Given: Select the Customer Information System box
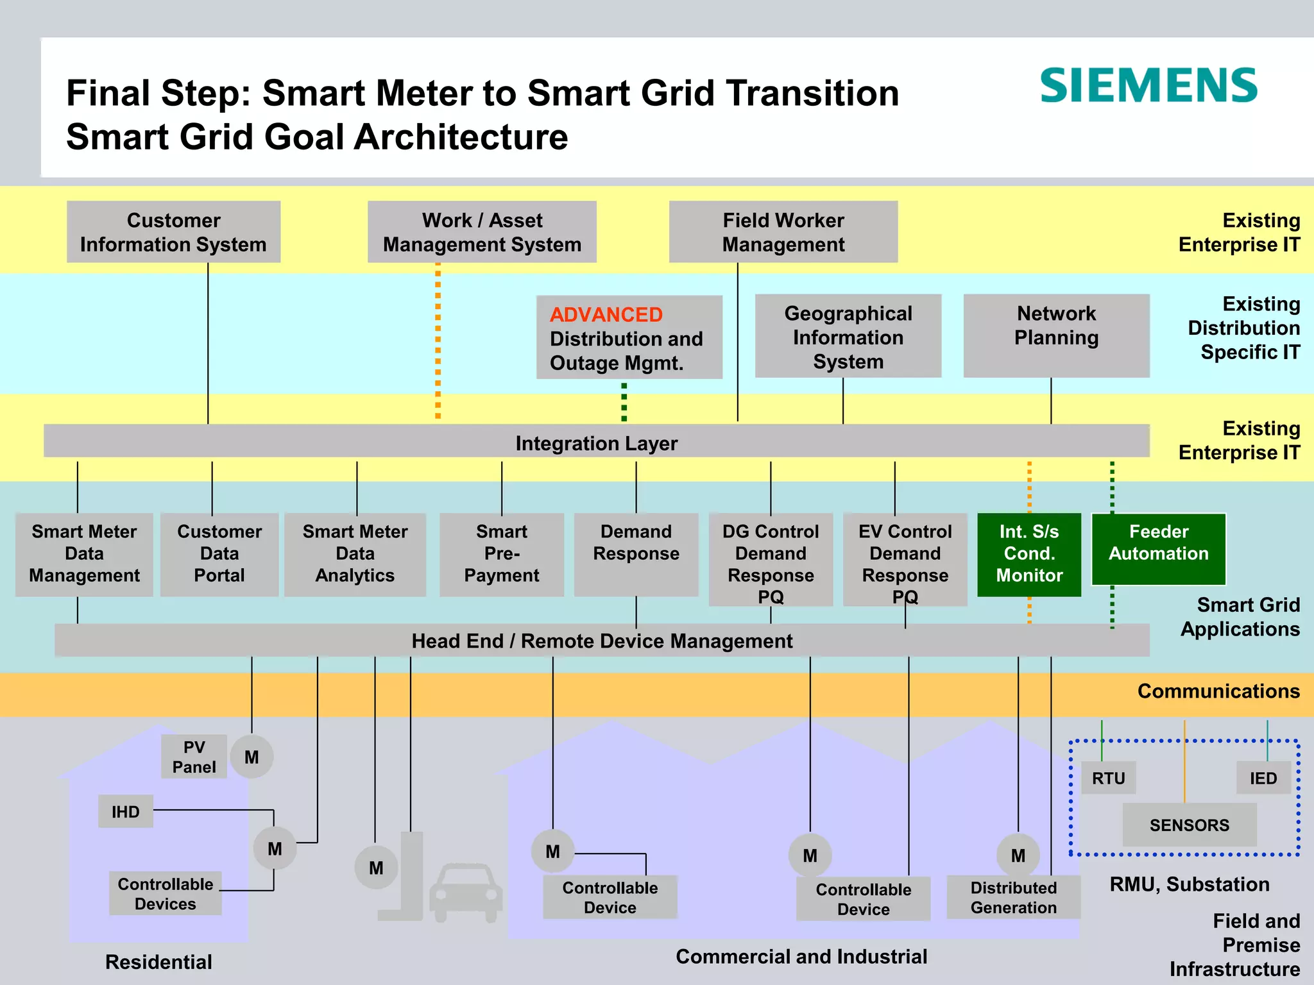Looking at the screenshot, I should pyautogui.click(x=173, y=232).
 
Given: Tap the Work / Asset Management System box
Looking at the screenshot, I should pyautogui.click(x=482, y=232).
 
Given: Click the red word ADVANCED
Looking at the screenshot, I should pyautogui.click(x=606, y=315).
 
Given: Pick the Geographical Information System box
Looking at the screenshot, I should pyautogui.click(x=848, y=337).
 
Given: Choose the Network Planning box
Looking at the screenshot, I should pyautogui.click(x=1056, y=335).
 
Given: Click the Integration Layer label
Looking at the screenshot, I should pyautogui.click(x=596, y=443).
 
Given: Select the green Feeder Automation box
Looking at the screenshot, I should pyautogui.click(x=1158, y=549).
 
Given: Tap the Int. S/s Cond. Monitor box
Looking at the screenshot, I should pyautogui.click(x=1029, y=554).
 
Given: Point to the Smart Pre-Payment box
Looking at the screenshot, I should pyautogui.click(x=501, y=554).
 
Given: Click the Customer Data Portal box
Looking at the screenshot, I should pyautogui.click(x=219, y=554).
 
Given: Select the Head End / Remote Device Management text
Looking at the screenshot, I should pyautogui.click(x=602, y=641).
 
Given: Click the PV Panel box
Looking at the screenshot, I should pyautogui.click(x=194, y=757).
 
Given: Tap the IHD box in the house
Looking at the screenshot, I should pyautogui.click(x=126, y=812).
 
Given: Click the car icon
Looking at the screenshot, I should pyautogui.click(x=465, y=893).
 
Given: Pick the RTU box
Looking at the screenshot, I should pyautogui.click(x=1108, y=778).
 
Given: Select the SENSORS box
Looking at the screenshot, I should pyautogui.click(x=1189, y=825).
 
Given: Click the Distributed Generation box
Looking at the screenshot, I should pyautogui.click(x=1013, y=897).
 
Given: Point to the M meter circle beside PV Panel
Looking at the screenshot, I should pyautogui.click(x=252, y=757).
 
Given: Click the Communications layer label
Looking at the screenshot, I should pyautogui.click(x=1218, y=691).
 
